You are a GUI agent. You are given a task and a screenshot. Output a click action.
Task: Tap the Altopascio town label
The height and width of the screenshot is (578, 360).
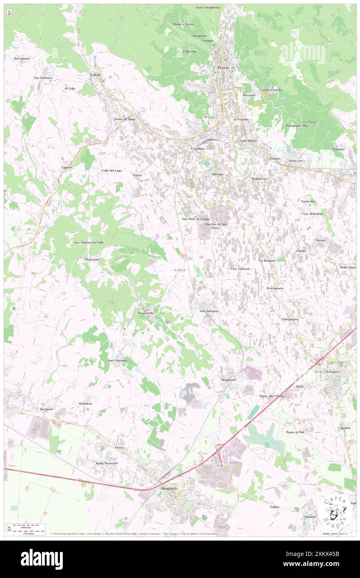[x=167, y=489]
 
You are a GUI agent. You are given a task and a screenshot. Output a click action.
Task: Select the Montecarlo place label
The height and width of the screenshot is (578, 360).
[x=148, y=312]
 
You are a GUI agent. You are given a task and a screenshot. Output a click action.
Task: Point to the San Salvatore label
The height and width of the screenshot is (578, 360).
[x=209, y=311]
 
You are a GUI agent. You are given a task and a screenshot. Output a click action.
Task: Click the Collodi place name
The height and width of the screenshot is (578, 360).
[x=96, y=75]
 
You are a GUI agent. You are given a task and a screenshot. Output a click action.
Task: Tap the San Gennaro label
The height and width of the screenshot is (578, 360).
[x=43, y=78]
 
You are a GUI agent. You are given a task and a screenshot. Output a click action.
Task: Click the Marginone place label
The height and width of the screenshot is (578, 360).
[x=229, y=380]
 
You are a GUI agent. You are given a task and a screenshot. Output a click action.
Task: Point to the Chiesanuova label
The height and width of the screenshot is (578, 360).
[x=290, y=319]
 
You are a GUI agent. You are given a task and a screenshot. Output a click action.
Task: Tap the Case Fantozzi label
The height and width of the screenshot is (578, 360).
[x=240, y=269]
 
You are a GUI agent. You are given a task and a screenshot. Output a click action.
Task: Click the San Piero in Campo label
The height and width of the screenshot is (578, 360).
[x=193, y=219]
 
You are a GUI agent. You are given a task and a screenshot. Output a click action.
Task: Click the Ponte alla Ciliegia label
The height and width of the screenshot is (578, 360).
[x=272, y=396]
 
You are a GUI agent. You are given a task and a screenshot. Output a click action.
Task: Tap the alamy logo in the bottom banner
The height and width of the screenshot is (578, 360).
[x=42, y=559]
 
